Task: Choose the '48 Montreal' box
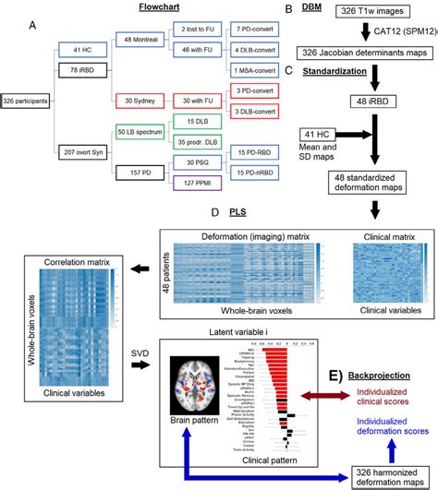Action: click(x=138, y=40)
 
